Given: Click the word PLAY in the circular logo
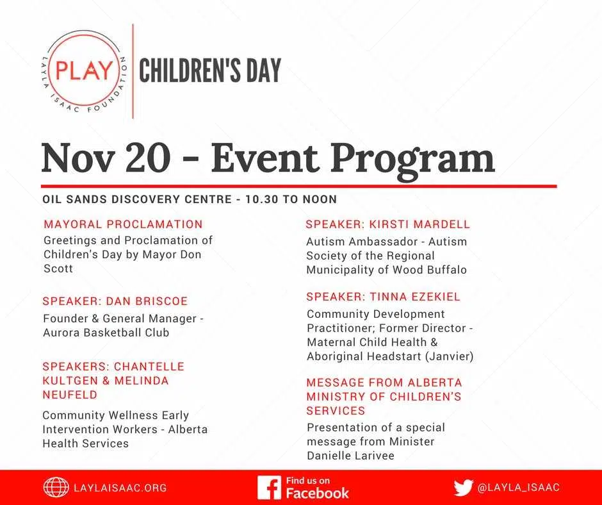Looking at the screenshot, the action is (x=84, y=71).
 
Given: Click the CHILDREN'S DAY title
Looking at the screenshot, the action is (x=210, y=70).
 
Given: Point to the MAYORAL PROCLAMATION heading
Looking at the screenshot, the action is (x=123, y=224).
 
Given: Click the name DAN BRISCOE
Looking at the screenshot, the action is (x=147, y=301).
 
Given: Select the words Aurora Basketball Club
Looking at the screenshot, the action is (x=106, y=333).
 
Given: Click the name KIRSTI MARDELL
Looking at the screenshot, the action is (x=419, y=224).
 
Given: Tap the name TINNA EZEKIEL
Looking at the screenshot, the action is (x=415, y=297).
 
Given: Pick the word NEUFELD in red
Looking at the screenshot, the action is (x=70, y=395).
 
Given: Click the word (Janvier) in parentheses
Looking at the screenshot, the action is (x=449, y=356).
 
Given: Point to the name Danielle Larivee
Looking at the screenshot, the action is (x=350, y=456).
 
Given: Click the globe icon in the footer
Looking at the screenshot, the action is (x=56, y=487).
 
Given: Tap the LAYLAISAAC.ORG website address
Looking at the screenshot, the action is (x=120, y=488).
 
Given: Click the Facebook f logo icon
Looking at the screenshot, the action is (x=269, y=487).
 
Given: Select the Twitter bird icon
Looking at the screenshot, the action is (x=463, y=488).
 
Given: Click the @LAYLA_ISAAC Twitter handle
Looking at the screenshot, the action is (x=518, y=488).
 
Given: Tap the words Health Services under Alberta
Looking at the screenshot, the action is (x=86, y=443).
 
